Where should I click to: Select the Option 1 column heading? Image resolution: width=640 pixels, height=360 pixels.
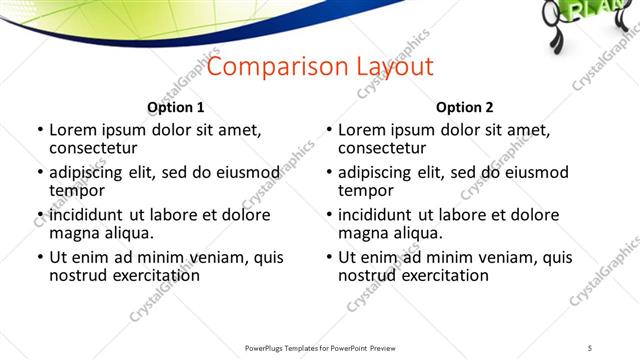click(x=175, y=107)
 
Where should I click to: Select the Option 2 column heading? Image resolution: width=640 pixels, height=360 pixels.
click(x=464, y=107)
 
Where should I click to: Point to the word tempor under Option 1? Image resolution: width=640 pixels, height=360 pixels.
click(x=77, y=190)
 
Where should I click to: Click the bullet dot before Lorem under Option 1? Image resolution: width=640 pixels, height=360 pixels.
click(x=40, y=130)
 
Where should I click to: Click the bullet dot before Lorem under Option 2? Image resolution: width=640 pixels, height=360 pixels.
click(x=329, y=130)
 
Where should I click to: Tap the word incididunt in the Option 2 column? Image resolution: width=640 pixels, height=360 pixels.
click(x=381, y=215)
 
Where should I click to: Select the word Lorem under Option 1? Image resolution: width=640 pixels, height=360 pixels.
click(x=74, y=130)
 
